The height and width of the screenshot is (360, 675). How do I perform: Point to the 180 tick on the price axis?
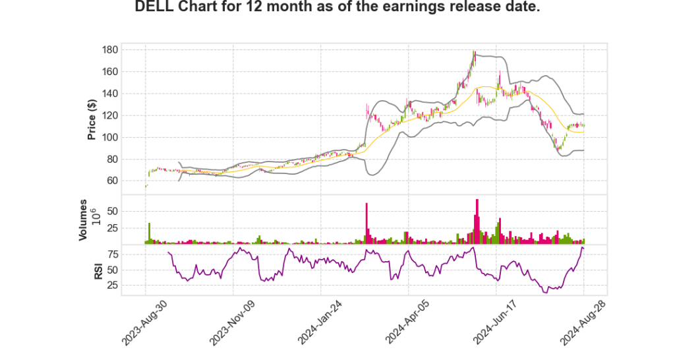110,49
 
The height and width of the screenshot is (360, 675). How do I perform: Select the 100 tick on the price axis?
110,137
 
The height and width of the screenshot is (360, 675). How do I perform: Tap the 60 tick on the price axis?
113,181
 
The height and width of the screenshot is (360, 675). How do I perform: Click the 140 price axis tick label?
110,94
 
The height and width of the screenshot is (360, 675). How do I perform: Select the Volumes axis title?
83,220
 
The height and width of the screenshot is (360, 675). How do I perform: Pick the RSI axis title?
98,270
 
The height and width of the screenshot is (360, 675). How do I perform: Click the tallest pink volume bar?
477,222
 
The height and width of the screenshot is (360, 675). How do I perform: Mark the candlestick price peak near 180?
474,53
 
